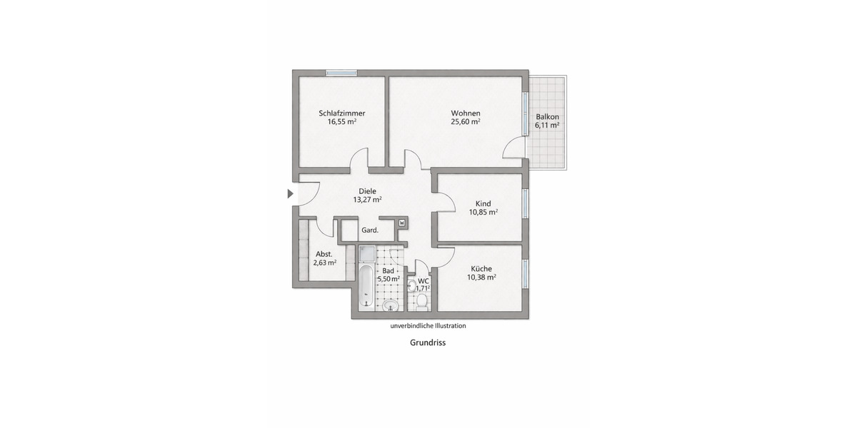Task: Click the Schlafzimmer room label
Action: [342, 113]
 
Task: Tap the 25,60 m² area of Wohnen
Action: [465, 122]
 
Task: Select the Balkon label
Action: [547, 116]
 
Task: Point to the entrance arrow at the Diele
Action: [290, 193]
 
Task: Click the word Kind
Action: [483, 203]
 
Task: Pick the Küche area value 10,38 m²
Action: [483, 277]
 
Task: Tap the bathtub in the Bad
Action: [366, 287]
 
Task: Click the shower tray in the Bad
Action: [366, 255]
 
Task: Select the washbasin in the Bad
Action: [389, 305]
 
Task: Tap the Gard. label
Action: [369, 230]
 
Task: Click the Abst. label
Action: [324, 253]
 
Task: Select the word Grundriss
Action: [428, 342]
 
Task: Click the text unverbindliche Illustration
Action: [428, 326]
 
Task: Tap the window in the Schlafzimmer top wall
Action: [341, 72]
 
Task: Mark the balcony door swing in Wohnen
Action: [513, 149]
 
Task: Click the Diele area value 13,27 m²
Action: [367, 200]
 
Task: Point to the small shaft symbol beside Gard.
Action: [401, 223]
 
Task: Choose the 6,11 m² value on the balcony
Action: [547, 125]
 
